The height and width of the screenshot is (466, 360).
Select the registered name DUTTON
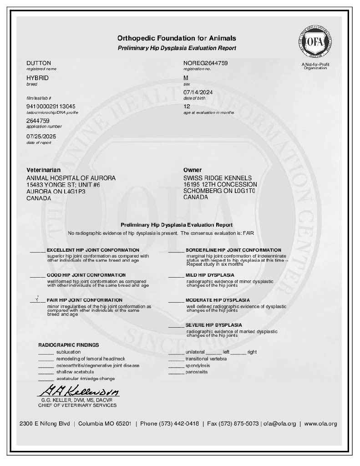click(x=39, y=63)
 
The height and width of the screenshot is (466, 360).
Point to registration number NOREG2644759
click(x=205, y=63)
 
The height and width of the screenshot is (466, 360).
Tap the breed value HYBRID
click(x=37, y=78)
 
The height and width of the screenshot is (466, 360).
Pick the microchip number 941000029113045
click(x=51, y=106)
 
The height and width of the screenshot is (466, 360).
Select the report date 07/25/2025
click(x=41, y=136)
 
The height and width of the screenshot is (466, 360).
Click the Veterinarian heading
click(x=44, y=170)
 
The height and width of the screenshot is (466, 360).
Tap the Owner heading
click(x=193, y=170)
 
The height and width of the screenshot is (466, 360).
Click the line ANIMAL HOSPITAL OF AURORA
click(x=71, y=178)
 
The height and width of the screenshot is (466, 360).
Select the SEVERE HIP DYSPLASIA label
click(x=213, y=325)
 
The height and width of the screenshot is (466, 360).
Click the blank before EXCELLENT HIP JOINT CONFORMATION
click(x=37, y=250)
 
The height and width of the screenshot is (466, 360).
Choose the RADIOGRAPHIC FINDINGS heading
click(x=68, y=345)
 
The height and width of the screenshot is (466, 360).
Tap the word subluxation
click(x=68, y=352)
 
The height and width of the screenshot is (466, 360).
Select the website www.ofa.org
click(x=320, y=424)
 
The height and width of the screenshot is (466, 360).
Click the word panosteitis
click(x=197, y=372)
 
